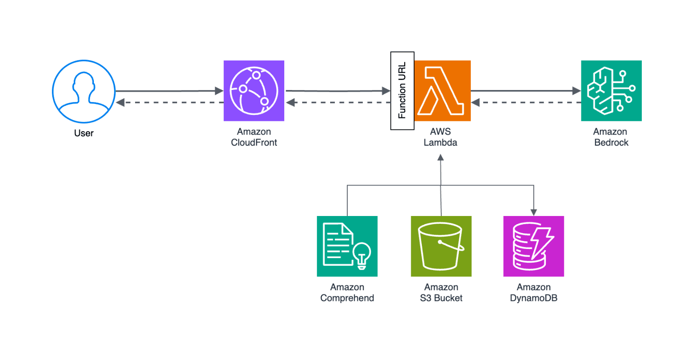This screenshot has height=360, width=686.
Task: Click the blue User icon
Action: click(84, 91)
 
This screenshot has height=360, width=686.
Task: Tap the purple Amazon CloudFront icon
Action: click(254, 91)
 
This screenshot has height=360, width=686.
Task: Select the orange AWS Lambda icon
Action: click(442, 91)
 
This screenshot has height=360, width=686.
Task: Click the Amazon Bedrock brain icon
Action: click(611, 91)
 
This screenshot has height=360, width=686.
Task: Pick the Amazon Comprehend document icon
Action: click(347, 246)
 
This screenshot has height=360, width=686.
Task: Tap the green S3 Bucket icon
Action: click(441, 246)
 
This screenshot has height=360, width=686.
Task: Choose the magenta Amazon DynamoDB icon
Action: click(533, 246)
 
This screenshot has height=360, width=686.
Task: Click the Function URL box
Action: click(402, 91)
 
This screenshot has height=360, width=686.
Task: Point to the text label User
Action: click(84, 133)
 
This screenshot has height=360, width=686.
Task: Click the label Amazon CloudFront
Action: click(254, 137)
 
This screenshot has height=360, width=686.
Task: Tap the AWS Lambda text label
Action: click(440, 137)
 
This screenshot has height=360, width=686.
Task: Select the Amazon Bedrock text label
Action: click(611, 137)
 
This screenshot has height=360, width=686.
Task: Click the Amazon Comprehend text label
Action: click(347, 293)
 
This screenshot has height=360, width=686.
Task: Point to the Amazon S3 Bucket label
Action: click(441, 293)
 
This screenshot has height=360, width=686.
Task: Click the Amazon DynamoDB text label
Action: click(533, 293)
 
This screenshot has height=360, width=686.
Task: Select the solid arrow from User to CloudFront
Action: click(169, 91)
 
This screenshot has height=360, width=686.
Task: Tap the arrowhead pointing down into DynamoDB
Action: click(534, 212)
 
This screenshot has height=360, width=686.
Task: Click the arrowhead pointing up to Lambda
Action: click(440, 158)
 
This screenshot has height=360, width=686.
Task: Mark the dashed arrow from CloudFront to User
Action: click(169, 102)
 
